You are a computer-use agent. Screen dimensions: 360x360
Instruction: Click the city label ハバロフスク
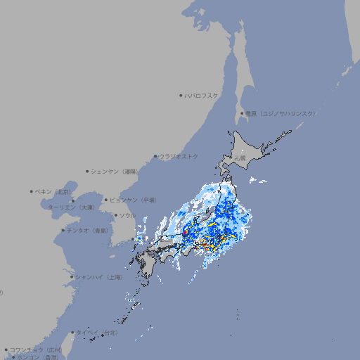[202, 95]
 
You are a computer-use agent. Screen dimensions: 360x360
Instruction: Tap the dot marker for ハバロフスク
[181, 95]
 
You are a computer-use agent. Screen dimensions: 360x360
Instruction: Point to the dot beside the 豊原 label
[242, 113]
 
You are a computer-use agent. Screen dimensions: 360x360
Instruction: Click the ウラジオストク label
[179, 156]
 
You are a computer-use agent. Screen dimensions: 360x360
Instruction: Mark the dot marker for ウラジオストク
[155, 156]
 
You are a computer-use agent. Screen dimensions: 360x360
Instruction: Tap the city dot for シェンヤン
[88, 171]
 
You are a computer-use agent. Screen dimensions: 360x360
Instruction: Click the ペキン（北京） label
[54, 191]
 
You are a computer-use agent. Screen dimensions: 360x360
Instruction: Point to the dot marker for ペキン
[32, 191]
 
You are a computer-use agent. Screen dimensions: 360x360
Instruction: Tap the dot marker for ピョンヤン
[106, 200]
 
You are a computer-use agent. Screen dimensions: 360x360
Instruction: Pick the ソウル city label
[127, 215]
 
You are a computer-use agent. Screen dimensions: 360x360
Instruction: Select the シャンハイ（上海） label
[98, 277]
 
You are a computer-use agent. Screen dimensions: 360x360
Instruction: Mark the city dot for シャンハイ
[72, 277]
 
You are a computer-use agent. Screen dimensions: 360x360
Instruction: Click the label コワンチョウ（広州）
[36, 349]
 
